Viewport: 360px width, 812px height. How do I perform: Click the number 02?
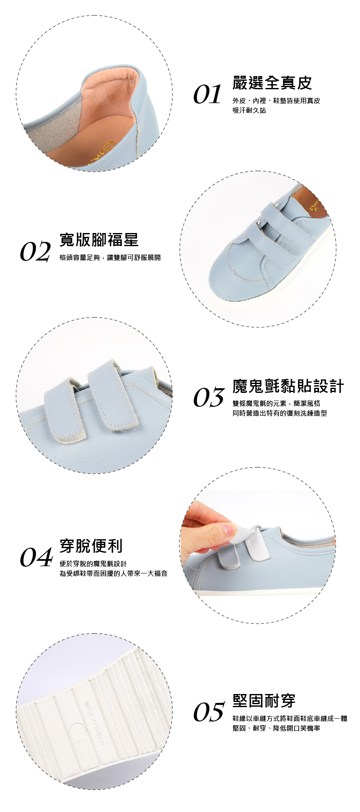point(35,252)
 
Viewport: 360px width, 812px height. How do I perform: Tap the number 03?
point(209,398)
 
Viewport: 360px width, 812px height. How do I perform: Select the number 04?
point(36,557)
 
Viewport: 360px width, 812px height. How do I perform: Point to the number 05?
point(209,712)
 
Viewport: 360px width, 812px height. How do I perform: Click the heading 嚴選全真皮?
point(272,83)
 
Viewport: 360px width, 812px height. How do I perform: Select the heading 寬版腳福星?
point(99,240)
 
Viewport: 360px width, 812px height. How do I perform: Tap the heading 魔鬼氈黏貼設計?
point(288,386)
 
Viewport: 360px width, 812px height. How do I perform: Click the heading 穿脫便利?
point(91,546)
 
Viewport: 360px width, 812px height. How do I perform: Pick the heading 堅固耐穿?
point(264,701)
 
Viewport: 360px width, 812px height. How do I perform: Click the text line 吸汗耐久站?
point(249,110)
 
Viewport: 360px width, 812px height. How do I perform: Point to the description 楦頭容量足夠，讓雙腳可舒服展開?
point(110,258)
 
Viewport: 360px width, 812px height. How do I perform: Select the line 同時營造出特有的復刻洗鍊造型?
point(280,413)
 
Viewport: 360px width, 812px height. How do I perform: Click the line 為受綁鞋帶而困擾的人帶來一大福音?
point(113,573)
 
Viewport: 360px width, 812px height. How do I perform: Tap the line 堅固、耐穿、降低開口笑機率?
point(276,728)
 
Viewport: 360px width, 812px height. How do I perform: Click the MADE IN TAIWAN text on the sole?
point(94,723)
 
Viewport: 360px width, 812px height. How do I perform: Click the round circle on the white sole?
point(77,731)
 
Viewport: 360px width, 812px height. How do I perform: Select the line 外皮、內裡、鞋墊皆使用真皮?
point(276,101)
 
